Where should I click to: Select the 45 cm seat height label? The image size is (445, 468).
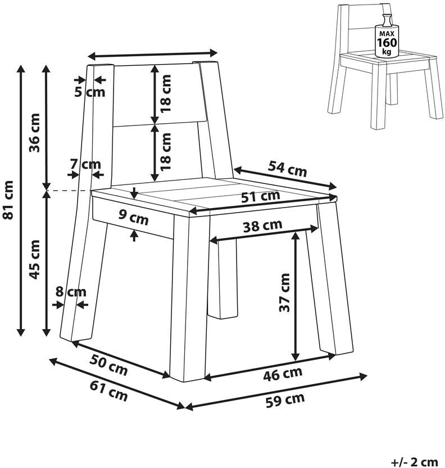pos(34,259)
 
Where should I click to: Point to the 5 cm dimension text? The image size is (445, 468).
pos(90,91)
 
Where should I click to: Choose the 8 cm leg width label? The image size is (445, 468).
pos(71,292)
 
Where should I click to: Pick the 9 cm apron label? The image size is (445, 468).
pos(134,217)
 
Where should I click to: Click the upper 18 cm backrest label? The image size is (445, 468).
pos(165,93)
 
